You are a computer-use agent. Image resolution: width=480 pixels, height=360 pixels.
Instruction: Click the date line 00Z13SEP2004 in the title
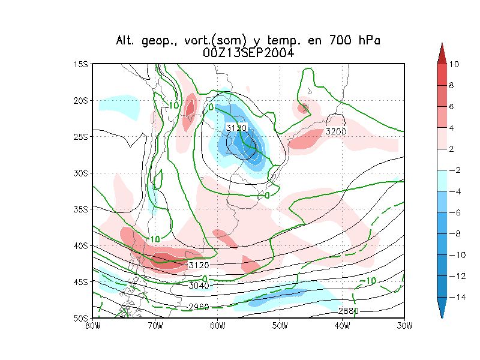tap(248, 53)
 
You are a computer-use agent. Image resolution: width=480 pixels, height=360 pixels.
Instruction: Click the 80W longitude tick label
tap(92, 326)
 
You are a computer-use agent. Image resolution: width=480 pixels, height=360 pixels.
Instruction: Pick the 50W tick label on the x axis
tap(280, 326)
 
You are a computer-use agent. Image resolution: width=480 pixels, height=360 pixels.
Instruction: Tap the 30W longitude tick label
tap(404, 326)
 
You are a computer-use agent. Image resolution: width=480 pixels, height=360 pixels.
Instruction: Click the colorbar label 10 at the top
tap(454, 64)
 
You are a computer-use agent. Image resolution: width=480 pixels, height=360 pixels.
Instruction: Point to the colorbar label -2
tap(454, 170)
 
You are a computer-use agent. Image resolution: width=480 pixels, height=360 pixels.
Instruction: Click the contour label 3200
tap(336, 131)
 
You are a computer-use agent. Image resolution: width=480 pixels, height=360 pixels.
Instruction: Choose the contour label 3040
tap(198, 286)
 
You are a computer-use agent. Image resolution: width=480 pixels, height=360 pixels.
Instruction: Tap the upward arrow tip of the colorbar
tap(442, 44)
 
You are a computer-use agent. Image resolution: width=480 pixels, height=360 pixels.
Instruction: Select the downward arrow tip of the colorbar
tap(442, 316)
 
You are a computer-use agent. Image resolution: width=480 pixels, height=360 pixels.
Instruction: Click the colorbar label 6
tap(452, 107)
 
